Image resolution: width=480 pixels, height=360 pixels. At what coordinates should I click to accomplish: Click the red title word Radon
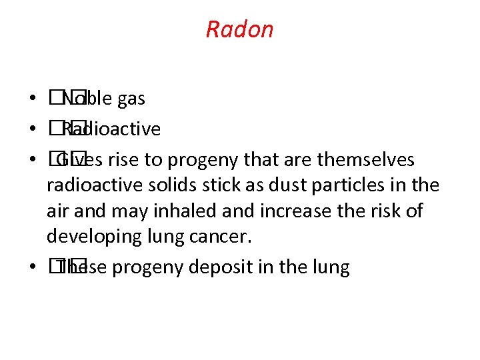coord(239,29)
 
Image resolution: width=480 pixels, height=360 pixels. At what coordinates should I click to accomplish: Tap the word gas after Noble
coord(131,99)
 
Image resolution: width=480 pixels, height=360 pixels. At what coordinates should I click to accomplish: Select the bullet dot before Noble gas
coord(32,100)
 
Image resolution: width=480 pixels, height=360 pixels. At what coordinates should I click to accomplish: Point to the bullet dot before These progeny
coord(32,268)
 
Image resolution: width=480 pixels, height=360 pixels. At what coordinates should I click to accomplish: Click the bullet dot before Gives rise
coord(32,160)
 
